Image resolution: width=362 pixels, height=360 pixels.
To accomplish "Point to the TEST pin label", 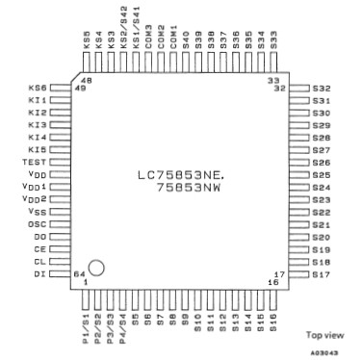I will click(x=34, y=163).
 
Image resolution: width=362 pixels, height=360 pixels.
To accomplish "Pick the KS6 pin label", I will click(x=37, y=89).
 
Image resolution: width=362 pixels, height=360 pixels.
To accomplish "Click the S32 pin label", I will click(x=322, y=89).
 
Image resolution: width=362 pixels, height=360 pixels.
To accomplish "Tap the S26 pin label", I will click(x=322, y=163).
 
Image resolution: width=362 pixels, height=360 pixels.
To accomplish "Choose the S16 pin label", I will click(x=274, y=322).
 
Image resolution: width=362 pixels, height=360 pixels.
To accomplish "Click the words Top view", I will click(x=323, y=335).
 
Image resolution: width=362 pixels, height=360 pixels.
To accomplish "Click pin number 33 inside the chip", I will click(x=273, y=80).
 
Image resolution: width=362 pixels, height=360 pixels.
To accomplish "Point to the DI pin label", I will click(x=39, y=274).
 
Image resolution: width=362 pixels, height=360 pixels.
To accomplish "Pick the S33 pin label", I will click(x=274, y=41).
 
